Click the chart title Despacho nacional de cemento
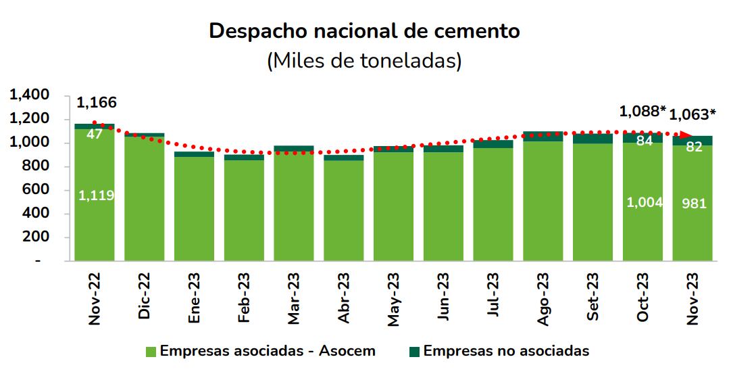tap(364, 31)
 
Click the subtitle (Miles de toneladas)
tap(364, 61)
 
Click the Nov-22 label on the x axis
tap(95, 300)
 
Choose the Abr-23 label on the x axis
tap(344, 300)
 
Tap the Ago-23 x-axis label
tap(543, 300)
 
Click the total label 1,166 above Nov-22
tap(97, 103)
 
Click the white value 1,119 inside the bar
tap(96, 195)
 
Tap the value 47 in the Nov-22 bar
tap(95, 134)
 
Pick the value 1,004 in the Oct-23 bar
tap(644, 202)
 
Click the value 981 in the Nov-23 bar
tap(693, 203)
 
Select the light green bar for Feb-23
tap(244, 210)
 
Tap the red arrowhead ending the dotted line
tap(686, 135)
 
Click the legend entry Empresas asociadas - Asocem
tap(260, 352)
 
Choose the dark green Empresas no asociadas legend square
tap(414, 352)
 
